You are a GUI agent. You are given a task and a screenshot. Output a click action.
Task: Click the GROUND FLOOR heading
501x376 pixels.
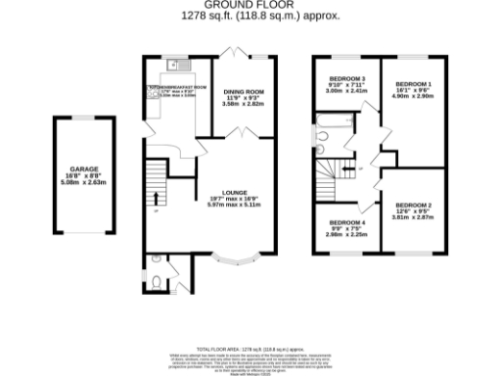click(250, 5)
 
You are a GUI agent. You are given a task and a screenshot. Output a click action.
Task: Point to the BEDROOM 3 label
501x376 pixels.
click(346, 78)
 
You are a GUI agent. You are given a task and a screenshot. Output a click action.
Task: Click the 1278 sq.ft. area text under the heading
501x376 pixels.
click(250, 16)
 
